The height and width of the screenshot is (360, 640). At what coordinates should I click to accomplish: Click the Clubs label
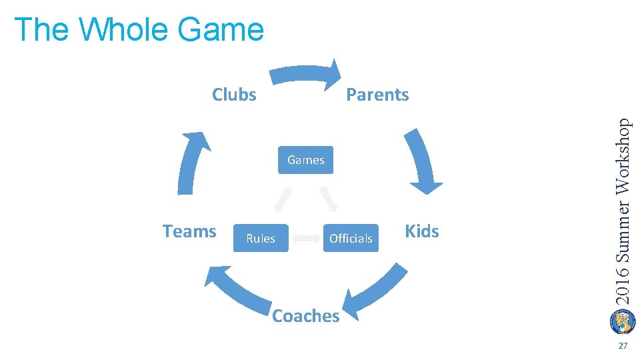pos(234,95)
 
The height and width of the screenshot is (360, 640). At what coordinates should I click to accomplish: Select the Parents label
pos(377,95)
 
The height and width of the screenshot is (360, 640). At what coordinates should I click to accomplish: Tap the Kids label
pos(422,231)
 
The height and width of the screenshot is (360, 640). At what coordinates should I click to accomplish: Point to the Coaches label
pos(306,315)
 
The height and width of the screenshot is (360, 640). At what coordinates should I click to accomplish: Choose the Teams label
pos(189,231)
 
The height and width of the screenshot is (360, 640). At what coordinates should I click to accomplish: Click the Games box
pos(305,160)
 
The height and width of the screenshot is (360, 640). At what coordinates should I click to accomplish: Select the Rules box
pos(260,238)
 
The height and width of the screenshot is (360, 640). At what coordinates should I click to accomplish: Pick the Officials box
pos(351,238)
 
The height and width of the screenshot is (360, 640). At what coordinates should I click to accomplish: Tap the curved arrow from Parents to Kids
pos(421,160)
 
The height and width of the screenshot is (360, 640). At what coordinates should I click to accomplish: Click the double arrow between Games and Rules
pos(283,198)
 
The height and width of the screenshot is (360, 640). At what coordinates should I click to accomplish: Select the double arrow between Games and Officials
pos(328,198)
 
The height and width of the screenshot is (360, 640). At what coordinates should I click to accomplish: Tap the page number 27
pos(623,346)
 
